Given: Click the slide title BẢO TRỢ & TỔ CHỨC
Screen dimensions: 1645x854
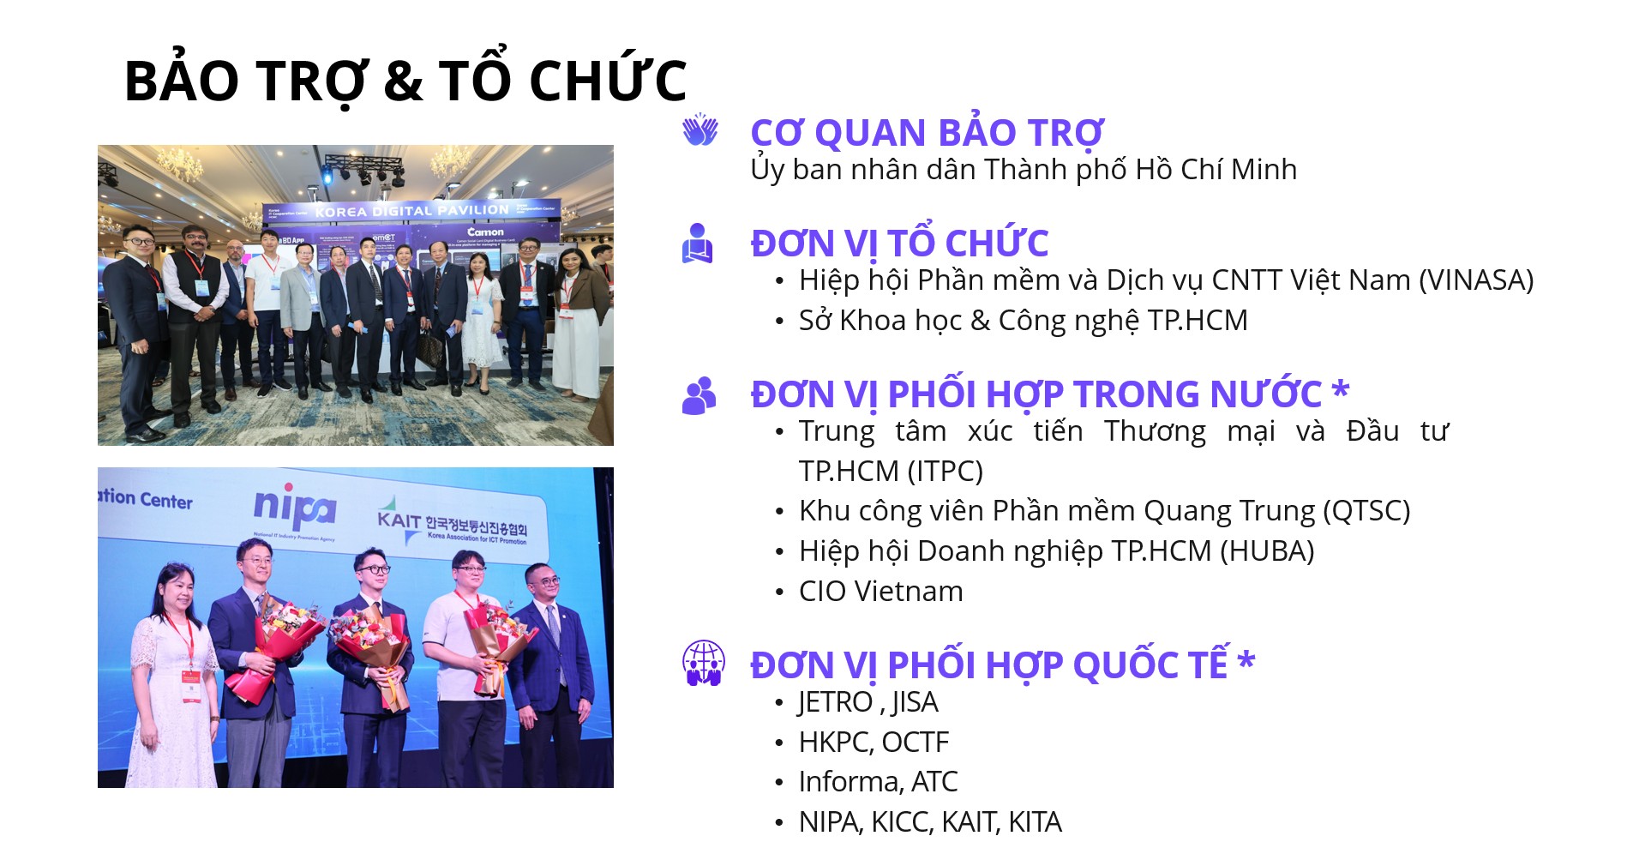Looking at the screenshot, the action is point(405,79).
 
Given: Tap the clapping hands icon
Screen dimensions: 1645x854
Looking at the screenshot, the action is point(699,129).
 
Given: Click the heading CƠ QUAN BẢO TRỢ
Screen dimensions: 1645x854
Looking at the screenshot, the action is point(927,133).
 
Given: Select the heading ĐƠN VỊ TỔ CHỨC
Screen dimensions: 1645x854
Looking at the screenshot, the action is point(899,242).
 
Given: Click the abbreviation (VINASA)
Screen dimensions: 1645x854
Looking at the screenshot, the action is point(1476,280).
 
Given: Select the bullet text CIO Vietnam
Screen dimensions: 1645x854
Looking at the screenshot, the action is point(880,591).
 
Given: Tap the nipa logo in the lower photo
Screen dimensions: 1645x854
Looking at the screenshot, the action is point(294,508).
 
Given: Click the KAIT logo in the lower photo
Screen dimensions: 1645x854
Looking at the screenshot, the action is point(452,521).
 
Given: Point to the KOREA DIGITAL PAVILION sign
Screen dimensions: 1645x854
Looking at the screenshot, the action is point(411,211).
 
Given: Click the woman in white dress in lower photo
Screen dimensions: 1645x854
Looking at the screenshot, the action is point(173,677).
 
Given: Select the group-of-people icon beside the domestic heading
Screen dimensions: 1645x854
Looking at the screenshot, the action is point(699,396).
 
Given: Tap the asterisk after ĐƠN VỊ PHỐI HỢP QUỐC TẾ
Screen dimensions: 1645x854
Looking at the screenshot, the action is point(1246,660).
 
